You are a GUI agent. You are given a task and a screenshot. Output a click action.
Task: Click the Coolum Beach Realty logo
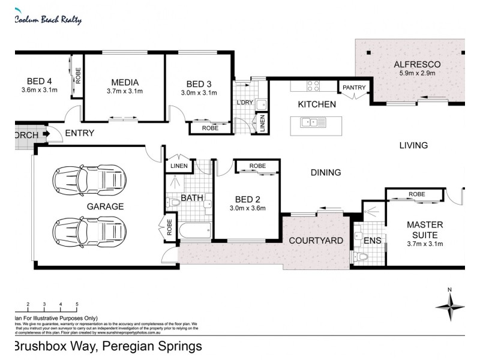pyautogui.click(x=47, y=19)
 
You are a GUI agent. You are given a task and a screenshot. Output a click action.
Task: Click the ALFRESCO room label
pyautogui.click(x=417, y=64)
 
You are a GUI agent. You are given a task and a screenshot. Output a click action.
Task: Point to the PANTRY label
pyautogui.click(x=354, y=88)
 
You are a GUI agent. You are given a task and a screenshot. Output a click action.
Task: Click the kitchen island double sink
pyautogui.click(x=313, y=122)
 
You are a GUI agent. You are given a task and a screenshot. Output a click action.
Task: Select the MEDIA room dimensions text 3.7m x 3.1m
pyautogui.click(x=125, y=92)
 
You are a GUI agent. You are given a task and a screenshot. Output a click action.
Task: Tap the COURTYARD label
pyautogui.click(x=316, y=241)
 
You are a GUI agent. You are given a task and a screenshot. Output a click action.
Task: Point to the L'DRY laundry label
pyautogui.click(x=245, y=103)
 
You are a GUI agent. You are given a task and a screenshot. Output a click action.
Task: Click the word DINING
pyautogui.click(x=325, y=172)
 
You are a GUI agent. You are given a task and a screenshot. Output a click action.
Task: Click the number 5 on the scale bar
pyautogui.click(x=77, y=305)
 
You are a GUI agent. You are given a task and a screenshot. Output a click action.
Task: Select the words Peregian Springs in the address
pyautogui.click(x=152, y=346)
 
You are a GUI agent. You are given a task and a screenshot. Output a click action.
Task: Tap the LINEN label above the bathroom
pyautogui.click(x=179, y=166)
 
